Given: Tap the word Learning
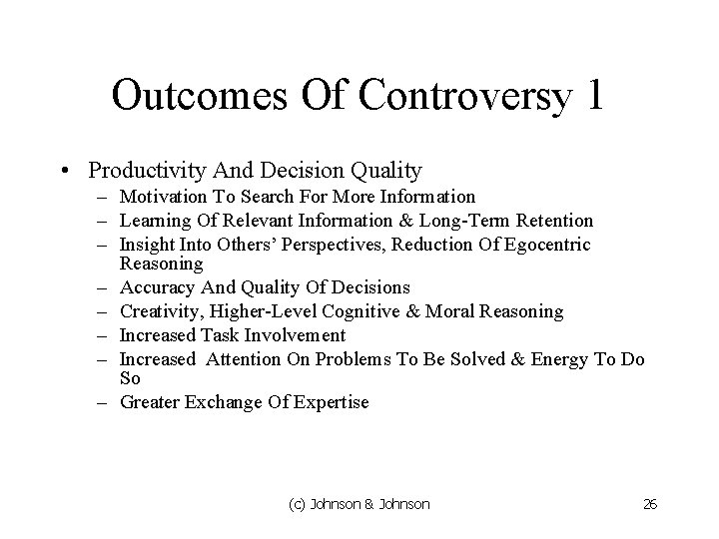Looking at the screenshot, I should pos(154,221).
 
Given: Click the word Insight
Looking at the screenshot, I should pos(146,246).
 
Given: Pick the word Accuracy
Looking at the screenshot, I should pos(155,288).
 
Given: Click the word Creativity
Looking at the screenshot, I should pos(160,312).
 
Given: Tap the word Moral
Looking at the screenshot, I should pos(455,312).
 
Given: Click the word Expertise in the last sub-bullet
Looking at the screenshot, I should pos(331,403).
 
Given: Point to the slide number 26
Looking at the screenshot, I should pos(650,505).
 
